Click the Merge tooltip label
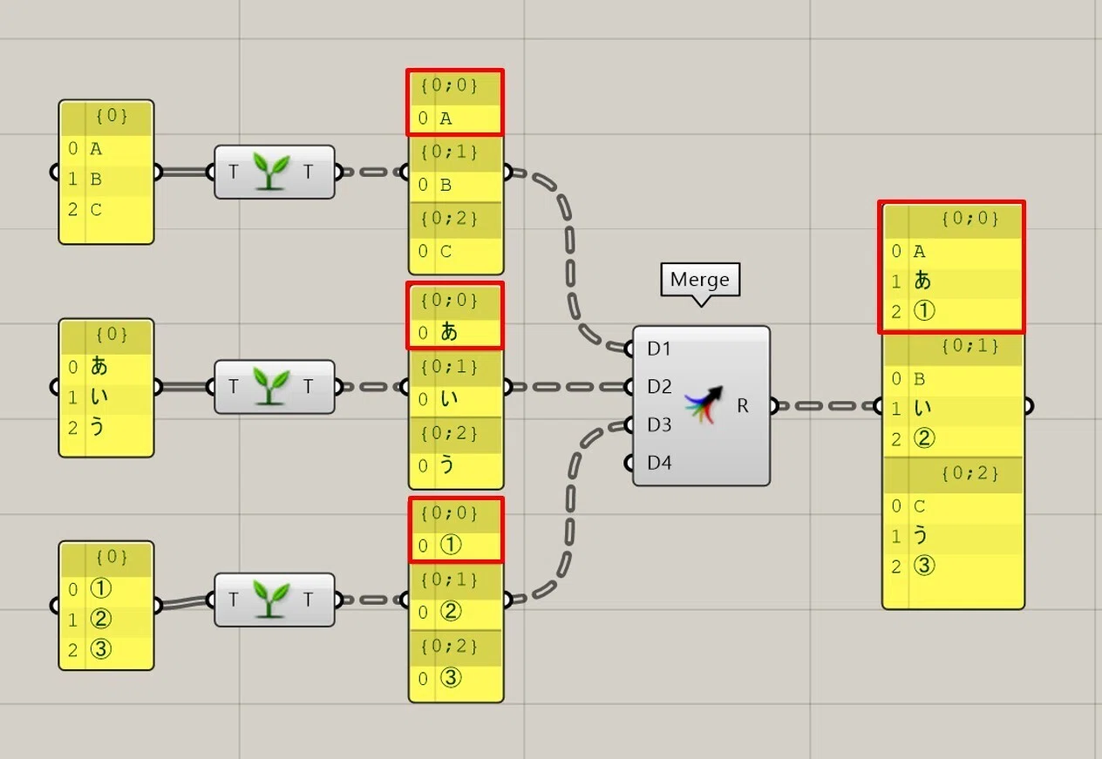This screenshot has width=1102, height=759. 699,279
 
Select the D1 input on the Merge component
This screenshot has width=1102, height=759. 659,349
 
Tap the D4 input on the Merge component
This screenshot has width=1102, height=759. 659,463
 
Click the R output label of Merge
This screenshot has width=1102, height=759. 743,405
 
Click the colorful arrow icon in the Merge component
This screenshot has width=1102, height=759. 704,404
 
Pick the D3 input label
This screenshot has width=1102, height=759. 659,424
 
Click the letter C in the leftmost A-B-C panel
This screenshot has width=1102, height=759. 96,210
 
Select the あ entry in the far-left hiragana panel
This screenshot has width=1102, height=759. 99,366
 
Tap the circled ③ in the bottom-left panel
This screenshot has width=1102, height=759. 101,649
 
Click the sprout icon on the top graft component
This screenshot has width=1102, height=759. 270,171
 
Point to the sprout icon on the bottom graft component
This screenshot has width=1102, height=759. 270,599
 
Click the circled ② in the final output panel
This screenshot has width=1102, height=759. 924,438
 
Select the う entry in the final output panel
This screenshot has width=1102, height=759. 921,535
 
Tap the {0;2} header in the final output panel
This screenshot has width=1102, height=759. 969,473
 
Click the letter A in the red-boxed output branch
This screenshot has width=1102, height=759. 919,251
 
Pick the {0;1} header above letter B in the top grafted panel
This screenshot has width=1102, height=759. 449,152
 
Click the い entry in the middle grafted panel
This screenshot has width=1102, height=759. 449,398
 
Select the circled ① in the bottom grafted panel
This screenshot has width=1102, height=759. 451,545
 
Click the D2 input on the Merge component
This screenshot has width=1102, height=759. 659,386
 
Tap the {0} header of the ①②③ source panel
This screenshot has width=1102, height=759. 112,557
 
